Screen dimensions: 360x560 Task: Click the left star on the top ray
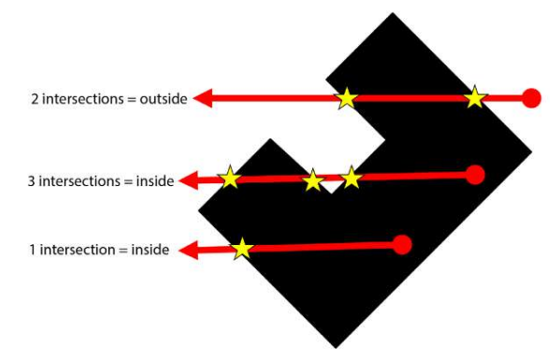click(x=346, y=96)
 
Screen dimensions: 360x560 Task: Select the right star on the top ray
click(x=475, y=95)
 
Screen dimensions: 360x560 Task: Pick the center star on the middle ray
click(x=313, y=179)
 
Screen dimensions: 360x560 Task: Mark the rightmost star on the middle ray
click(x=351, y=176)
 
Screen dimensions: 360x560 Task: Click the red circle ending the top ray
click(x=531, y=97)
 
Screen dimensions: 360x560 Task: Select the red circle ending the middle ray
click(x=474, y=174)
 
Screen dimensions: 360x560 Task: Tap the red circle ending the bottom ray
click(x=403, y=245)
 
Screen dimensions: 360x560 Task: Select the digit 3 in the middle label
click(x=33, y=180)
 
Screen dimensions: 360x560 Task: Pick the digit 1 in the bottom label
click(x=34, y=251)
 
